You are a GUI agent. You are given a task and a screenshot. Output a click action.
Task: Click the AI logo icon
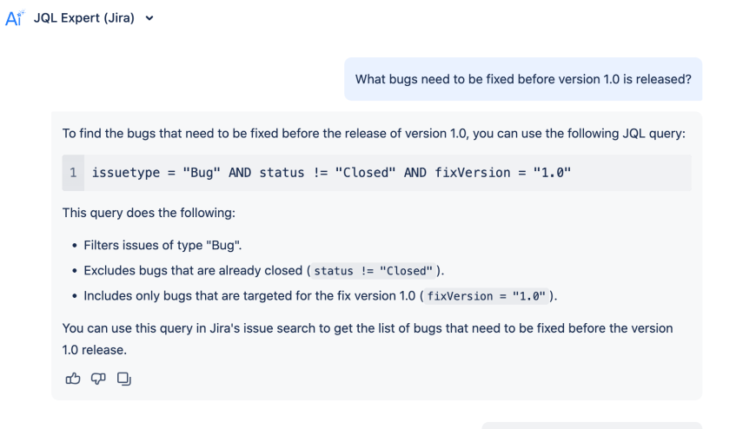(14, 18)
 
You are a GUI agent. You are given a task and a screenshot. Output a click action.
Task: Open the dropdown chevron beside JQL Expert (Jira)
(149, 18)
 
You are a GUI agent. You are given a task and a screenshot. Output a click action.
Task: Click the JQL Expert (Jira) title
(84, 18)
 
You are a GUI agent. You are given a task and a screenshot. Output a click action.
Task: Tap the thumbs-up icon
(73, 379)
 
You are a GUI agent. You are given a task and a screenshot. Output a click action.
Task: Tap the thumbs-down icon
(98, 379)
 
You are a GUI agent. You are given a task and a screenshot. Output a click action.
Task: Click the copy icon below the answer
(124, 379)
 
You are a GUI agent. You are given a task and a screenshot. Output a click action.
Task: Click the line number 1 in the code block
(73, 173)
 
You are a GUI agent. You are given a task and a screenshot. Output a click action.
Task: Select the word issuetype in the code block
(126, 173)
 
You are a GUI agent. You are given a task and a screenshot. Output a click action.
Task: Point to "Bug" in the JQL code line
(202, 173)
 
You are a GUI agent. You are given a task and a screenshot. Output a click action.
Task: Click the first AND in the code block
(240, 173)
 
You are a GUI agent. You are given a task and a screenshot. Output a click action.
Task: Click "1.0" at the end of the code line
(552, 173)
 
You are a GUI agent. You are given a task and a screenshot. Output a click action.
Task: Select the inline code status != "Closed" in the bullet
(374, 271)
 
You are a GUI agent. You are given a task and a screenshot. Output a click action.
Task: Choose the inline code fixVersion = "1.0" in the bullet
(487, 296)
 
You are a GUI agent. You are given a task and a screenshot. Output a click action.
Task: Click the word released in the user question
(664, 79)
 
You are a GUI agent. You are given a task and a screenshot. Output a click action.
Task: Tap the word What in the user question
(370, 79)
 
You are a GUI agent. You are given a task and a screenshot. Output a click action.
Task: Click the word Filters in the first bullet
(103, 245)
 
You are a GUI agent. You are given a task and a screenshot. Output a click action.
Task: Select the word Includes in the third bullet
(109, 296)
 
